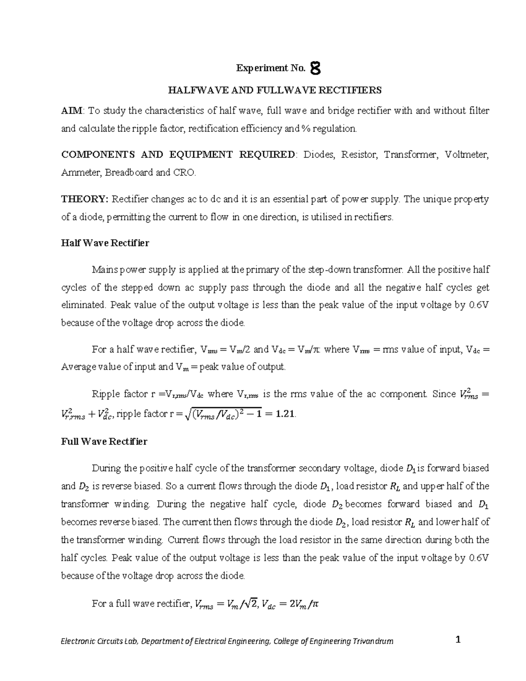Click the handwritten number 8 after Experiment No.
(315, 68)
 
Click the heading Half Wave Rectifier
(105, 243)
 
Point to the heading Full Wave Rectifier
(104, 441)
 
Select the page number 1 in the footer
(458, 640)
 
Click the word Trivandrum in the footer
(373, 642)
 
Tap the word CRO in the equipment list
(184, 173)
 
